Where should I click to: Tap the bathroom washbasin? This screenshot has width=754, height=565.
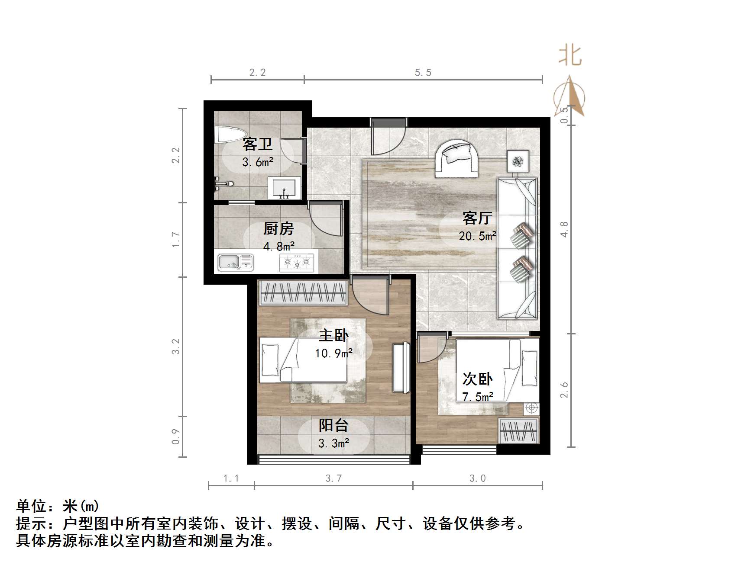point(284,188)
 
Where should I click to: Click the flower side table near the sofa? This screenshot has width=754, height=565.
point(518,161)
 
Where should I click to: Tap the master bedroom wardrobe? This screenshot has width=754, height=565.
point(303,292)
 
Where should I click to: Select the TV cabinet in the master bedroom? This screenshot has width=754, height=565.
point(401,368)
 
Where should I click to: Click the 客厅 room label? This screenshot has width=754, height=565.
point(477,218)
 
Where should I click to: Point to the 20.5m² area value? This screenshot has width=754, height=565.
point(477,236)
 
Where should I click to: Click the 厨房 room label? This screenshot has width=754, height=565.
point(278,228)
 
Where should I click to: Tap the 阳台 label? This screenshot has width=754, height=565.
point(333,425)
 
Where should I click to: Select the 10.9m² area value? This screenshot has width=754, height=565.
point(333,353)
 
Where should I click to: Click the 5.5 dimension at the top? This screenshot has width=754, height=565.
point(423,73)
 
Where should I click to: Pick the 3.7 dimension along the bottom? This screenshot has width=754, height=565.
point(333,478)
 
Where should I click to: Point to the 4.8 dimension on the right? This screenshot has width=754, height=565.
point(564,229)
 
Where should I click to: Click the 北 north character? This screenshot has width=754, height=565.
point(570,56)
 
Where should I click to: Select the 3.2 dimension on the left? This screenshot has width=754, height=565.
point(175,347)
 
